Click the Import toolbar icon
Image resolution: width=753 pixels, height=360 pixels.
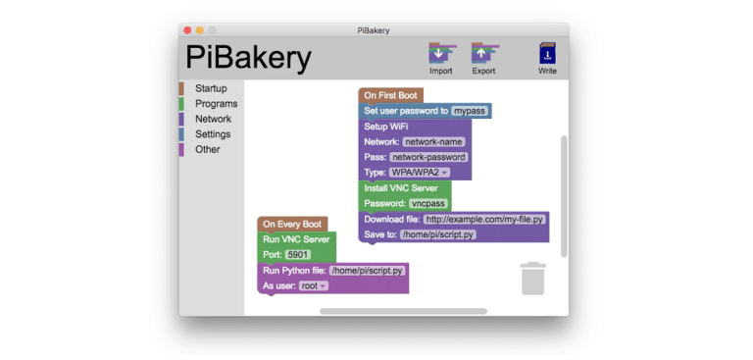point(441,54)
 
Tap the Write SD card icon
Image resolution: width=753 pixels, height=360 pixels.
point(547,55)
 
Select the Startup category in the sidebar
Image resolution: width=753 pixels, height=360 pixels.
point(211,88)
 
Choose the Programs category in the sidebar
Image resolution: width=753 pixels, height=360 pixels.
point(216,104)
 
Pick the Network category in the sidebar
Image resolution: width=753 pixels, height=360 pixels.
point(213,119)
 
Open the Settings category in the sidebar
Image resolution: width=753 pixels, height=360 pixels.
point(213,134)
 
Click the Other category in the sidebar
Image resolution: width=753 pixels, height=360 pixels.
point(207,149)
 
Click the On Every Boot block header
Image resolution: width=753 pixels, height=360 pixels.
point(292,224)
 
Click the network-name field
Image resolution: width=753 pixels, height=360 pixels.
point(433,142)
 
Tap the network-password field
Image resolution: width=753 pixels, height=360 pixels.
point(428,157)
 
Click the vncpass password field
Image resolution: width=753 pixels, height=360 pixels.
point(427,203)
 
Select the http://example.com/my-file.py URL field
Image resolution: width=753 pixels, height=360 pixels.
point(484,219)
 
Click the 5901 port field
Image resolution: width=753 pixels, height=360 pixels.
point(297,254)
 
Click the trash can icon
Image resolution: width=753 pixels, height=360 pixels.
point(532,279)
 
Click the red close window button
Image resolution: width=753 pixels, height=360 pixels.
point(186,30)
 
